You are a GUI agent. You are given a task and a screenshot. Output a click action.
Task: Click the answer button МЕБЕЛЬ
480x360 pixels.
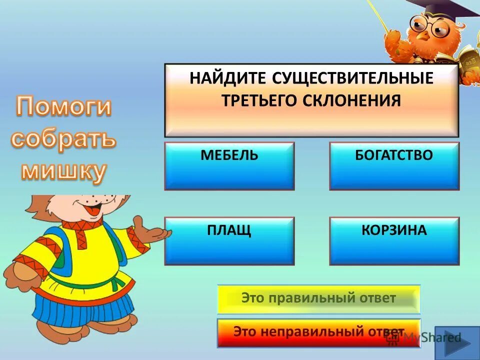229,166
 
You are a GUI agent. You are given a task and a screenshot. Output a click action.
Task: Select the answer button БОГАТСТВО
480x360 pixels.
394,166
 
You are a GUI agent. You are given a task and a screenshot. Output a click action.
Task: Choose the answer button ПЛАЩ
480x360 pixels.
229,241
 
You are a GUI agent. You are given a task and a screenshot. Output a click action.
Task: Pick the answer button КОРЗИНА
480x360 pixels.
394,241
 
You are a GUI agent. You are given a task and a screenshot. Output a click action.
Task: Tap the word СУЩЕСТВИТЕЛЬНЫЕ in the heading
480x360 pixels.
353,79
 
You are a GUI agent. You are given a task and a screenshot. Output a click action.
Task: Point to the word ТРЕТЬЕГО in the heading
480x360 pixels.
259,100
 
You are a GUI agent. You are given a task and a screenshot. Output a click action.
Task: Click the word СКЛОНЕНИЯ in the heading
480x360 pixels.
352,100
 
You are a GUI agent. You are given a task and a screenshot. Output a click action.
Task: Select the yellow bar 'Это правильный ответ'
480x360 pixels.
319,299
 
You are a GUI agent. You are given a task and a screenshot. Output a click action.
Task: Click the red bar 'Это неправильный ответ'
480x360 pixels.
319,332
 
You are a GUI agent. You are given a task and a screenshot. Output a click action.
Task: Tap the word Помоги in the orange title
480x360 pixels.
63,107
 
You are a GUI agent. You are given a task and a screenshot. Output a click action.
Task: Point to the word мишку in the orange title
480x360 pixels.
63,171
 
